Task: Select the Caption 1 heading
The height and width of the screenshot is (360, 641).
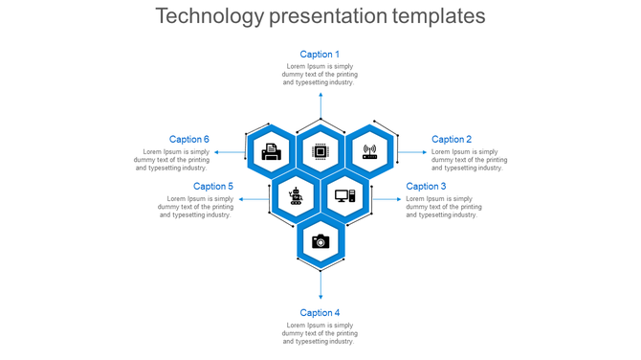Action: [320, 55]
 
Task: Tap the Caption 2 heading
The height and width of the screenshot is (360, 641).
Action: [452, 140]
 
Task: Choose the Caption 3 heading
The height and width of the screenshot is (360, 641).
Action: [426, 187]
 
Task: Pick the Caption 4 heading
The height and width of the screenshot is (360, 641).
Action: [320, 313]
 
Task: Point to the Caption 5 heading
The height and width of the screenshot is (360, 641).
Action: [213, 187]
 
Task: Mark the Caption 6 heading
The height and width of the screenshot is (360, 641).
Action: [189, 140]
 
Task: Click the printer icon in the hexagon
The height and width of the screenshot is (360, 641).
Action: [272, 151]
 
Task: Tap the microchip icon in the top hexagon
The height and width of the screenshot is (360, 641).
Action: [320, 151]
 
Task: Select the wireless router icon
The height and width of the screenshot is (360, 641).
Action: [369, 151]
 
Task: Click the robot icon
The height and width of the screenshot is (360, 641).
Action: [296, 195]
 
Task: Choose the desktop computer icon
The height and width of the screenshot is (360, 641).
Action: [344, 196]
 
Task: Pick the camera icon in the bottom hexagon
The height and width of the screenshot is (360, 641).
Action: [320, 241]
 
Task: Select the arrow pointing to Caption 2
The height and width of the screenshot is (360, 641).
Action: [412, 152]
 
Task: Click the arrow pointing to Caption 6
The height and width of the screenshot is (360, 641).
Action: [229, 152]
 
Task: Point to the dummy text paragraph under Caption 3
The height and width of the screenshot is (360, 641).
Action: [444, 207]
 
